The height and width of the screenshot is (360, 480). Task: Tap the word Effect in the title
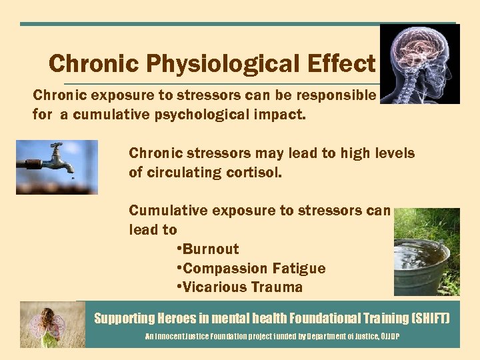pyautogui.click(x=341, y=63)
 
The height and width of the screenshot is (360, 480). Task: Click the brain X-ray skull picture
pyautogui.click(x=419, y=64)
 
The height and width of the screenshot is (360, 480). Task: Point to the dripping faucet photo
pyautogui.click(x=57, y=167)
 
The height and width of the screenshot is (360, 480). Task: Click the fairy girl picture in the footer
pyautogui.click(x=52, y=324)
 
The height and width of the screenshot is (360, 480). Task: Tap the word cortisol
pyautogui.click(x=258, y=173)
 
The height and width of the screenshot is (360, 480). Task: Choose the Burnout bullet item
pyautogui.click(x=209, y=249)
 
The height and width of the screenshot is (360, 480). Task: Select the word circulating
pyautogui.click(x=185, y=173)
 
